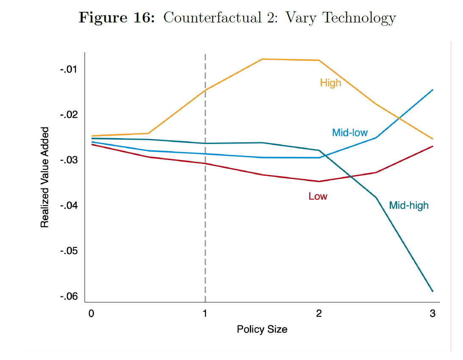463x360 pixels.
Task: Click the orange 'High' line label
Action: point(330,83)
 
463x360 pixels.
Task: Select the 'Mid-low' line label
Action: point(349,133)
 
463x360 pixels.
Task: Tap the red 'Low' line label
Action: point(318,196)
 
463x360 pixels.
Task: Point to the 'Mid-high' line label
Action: point(408,205)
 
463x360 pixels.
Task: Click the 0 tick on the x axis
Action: point(91,314)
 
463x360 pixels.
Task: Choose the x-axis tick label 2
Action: point(319,314)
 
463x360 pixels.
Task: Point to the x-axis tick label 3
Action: point(432,314)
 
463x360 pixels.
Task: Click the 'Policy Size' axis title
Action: point(262,329)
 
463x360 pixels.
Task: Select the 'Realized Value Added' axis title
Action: point(45,177)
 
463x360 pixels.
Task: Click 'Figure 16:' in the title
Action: point(117,18)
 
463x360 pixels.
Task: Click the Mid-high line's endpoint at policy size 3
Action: point(433,291)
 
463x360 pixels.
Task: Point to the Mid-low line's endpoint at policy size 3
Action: point(433,90)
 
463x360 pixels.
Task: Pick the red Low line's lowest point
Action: point(319,181)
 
